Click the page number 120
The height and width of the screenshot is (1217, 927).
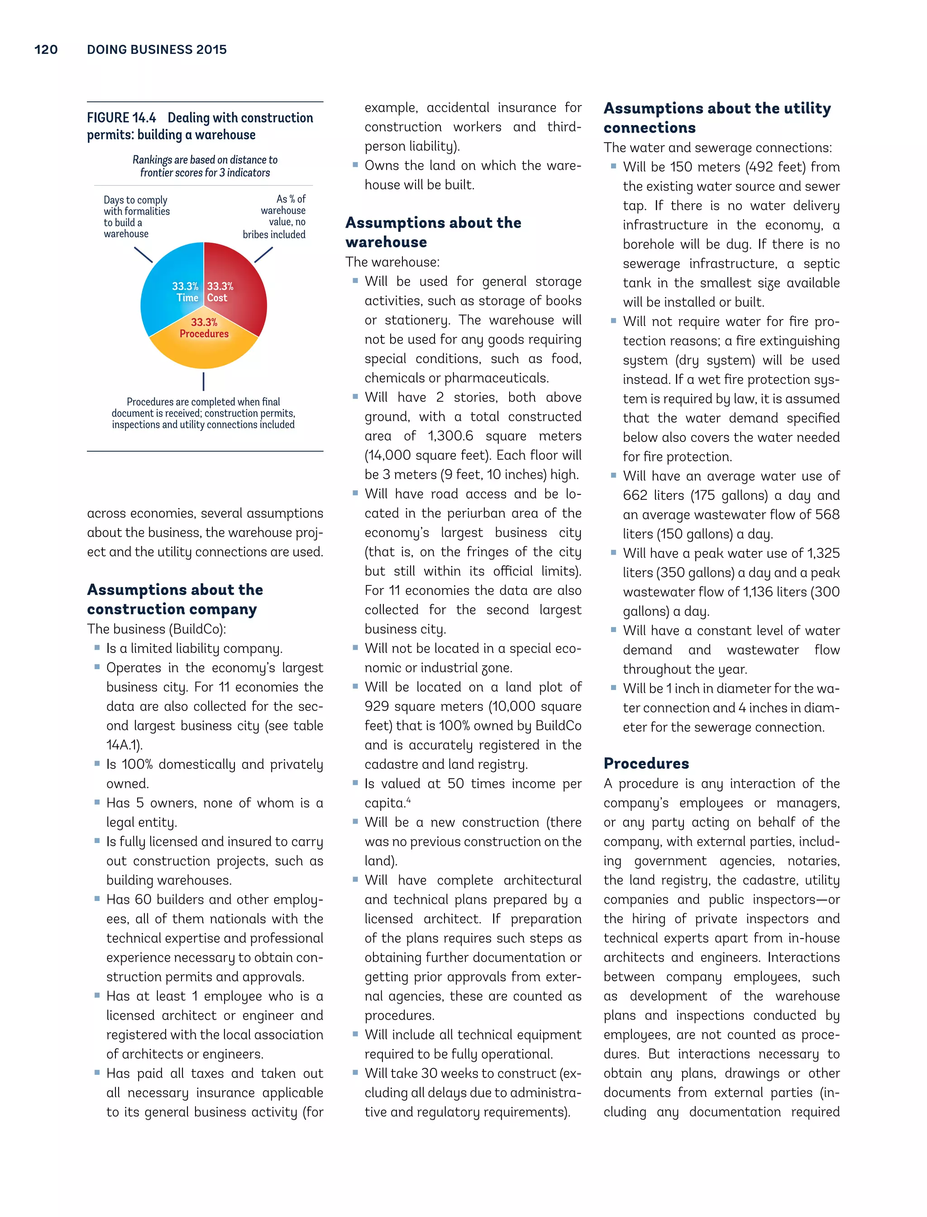46,50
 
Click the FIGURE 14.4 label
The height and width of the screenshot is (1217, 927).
121,118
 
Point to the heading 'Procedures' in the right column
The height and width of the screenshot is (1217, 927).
646,763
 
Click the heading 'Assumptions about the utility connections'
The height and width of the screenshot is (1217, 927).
717,118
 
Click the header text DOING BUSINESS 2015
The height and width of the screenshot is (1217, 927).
157,50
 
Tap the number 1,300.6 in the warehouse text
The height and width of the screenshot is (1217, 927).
450,436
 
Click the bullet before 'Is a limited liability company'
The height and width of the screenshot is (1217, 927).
97,648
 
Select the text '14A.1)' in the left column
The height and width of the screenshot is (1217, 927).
124,745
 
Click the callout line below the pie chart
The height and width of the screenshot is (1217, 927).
204,381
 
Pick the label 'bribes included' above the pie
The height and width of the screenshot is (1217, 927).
274,235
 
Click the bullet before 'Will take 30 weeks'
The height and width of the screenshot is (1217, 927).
355,1073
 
